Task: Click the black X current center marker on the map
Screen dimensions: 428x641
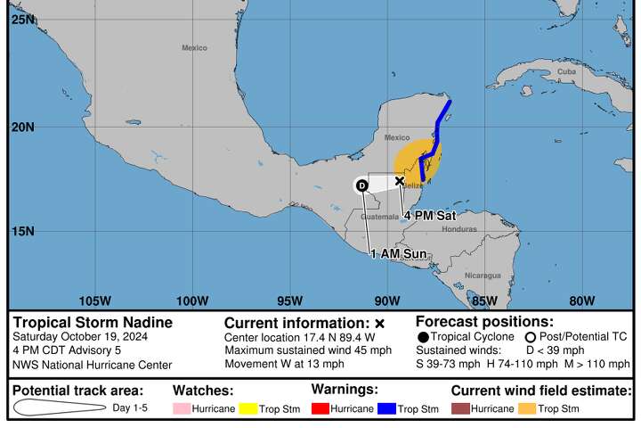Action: point(400,180)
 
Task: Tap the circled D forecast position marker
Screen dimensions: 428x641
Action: point(361,185)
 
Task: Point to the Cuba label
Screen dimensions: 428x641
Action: point(566,71)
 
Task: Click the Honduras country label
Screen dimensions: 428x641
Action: point(458,228)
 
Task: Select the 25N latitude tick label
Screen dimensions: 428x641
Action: point(23,19)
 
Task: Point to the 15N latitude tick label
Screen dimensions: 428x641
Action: point(23,231)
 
